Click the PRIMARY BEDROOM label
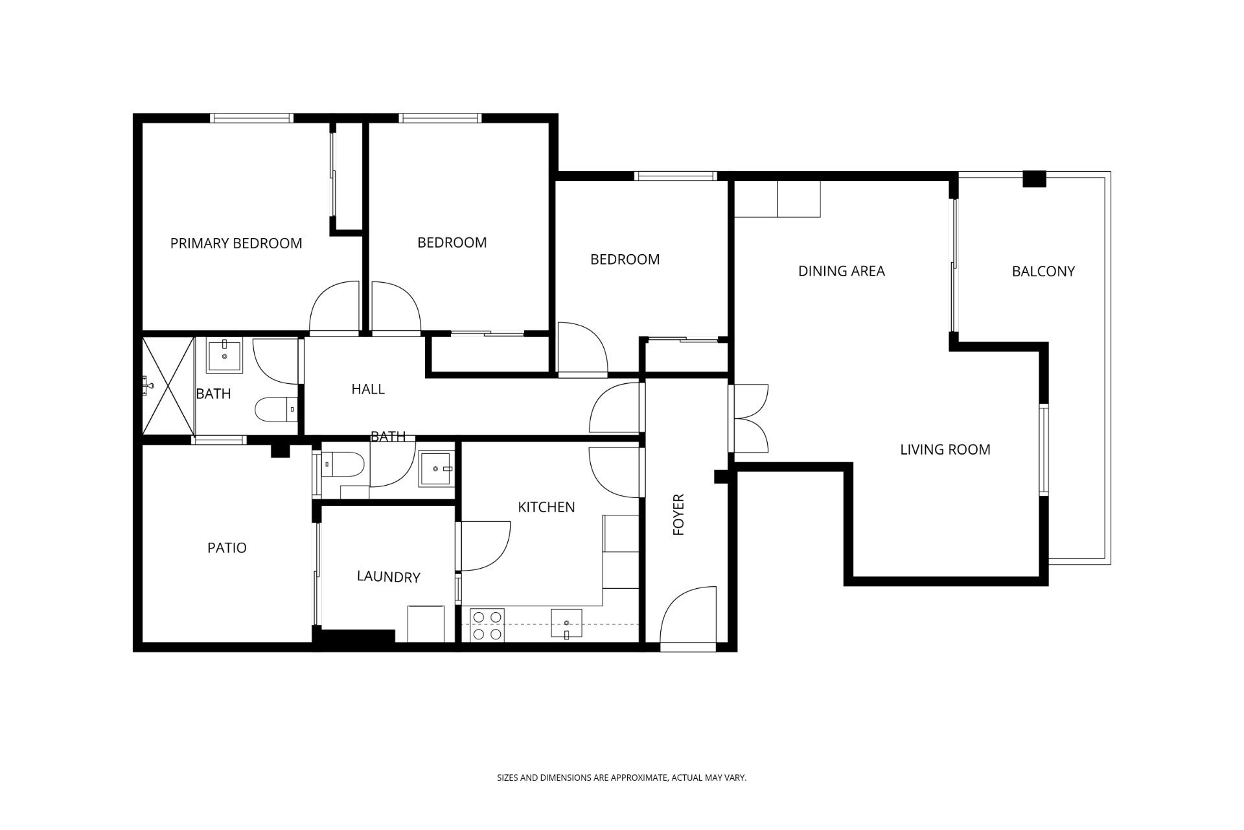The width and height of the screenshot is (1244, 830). tap(236, 243)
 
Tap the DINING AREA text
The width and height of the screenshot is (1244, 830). tap(841, 271)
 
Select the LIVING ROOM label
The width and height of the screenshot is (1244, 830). tap(945, 449)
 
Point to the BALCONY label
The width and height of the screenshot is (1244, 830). tap(1043, 271)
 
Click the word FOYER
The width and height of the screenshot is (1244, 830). tap(678, 515)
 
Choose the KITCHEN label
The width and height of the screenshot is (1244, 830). tap(546, 507)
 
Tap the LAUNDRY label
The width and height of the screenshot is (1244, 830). tap(388, 576)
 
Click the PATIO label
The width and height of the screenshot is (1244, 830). tap(227, 548)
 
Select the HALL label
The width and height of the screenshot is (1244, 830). tap(368, 389)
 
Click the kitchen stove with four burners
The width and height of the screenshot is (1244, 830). tap(487, 625)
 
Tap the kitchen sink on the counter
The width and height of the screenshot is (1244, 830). tap(566, 624)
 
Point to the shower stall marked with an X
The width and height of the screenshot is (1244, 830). tap(168, 385)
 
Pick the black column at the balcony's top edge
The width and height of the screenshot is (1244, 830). tap(1034, 179)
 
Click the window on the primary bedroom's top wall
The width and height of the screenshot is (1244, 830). tap(252, 118)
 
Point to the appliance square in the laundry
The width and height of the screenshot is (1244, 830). tap(426, 624)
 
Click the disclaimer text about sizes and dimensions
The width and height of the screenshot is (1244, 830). tap(622, 777)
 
